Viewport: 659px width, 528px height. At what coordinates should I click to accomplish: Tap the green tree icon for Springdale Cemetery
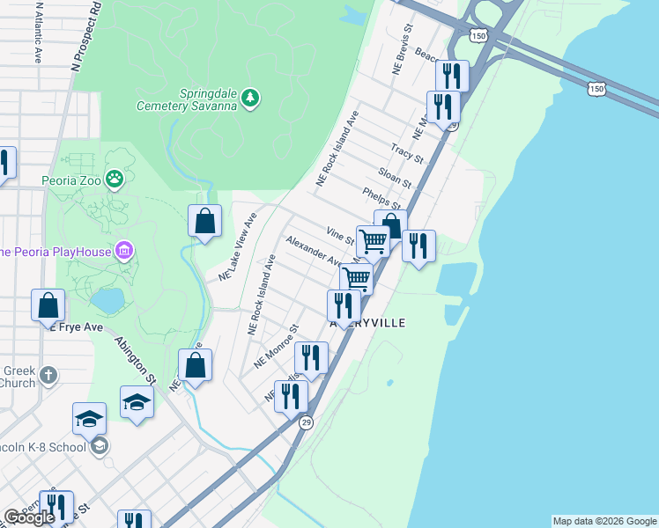251,97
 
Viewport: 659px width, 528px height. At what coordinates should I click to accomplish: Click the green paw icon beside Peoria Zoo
115,180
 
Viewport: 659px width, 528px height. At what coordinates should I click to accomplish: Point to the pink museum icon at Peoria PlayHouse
124,253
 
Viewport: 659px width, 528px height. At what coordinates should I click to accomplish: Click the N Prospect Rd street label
85,36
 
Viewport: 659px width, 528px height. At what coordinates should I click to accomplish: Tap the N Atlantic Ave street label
38,32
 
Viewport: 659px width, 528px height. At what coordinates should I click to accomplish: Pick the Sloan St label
395,176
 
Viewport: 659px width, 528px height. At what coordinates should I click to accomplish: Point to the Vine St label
340,235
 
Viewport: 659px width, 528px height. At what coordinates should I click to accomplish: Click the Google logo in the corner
29,517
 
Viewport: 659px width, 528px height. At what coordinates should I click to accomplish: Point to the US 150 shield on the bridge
597,89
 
